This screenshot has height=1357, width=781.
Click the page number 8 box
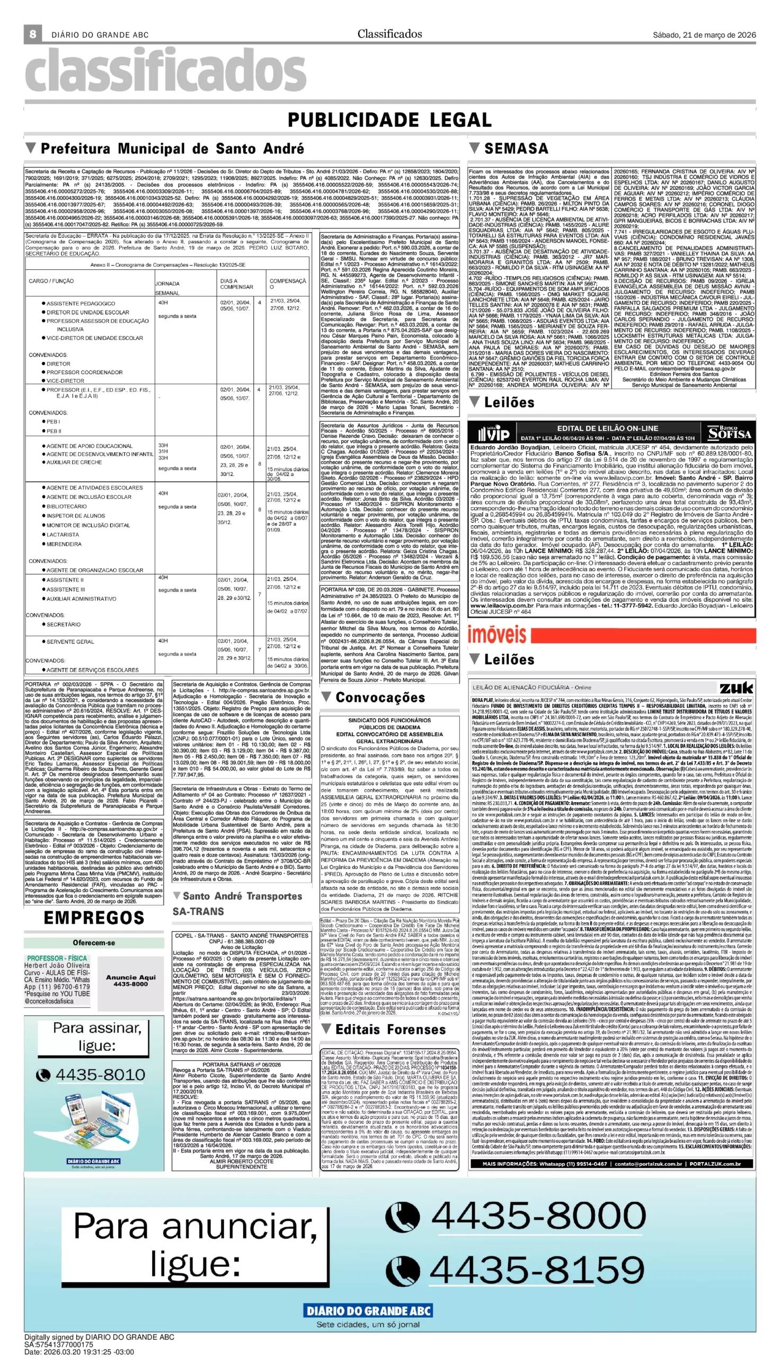click(x=33, y=34)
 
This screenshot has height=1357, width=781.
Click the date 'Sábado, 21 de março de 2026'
click(x=704, y=35)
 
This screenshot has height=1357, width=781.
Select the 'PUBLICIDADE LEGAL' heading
click(x=389, y=120)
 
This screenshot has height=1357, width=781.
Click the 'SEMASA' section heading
click(x=516, y=148)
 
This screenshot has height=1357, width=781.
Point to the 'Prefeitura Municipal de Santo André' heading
click(x=172, y=148)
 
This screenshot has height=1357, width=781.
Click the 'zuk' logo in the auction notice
click(x=736, y=688)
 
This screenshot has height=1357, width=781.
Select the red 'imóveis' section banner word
click(x=496, y=635)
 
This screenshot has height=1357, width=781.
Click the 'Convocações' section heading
click(x=380, y=698)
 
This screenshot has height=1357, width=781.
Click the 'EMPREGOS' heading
click(x=94, y=918)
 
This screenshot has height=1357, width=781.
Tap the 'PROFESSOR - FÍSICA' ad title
click(x=57, y=958)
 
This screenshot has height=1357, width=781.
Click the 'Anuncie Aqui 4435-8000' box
click(x=131, y=980)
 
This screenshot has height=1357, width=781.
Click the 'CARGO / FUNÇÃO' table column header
click(x=51, y=280)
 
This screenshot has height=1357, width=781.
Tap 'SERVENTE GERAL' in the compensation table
click(x=70, y=641)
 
